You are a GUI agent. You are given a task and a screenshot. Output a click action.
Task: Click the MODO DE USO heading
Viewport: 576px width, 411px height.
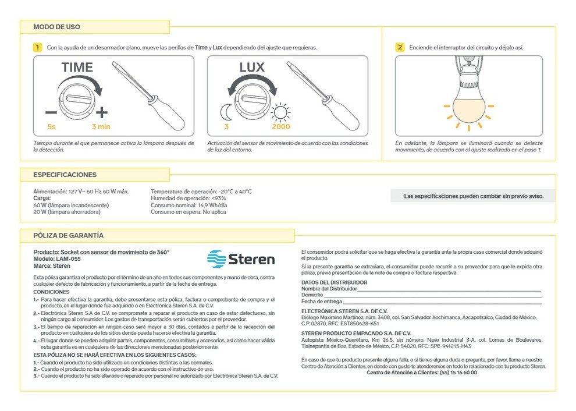click(57, 27)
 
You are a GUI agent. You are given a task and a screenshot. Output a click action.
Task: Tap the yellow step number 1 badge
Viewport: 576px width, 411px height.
click(38, 47)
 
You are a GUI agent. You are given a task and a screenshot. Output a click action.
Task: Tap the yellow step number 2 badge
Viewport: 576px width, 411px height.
click(400, 47)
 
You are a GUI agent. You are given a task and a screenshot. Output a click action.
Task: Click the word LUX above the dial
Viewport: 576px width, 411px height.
click(252, 67)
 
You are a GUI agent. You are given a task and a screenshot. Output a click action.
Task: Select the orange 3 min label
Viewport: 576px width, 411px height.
click(101, 126)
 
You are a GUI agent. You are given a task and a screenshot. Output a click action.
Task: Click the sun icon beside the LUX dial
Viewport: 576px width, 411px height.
click(282, 111)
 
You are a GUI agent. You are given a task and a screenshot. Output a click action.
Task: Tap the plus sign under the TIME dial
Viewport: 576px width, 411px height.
click(102, 112)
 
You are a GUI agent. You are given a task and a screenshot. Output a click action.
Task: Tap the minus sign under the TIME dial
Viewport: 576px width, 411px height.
click(51, 112)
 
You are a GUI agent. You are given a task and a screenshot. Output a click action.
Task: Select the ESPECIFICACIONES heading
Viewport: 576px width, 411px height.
click(65, 175)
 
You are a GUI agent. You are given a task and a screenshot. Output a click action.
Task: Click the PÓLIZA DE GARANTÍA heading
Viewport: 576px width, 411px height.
click(69, 235)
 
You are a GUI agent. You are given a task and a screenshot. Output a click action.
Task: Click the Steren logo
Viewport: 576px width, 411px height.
click(241, 258)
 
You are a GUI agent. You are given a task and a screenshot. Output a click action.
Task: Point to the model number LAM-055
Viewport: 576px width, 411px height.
click(68, 258)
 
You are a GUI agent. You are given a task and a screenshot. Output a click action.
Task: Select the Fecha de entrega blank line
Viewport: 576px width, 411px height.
click(442, 302)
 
